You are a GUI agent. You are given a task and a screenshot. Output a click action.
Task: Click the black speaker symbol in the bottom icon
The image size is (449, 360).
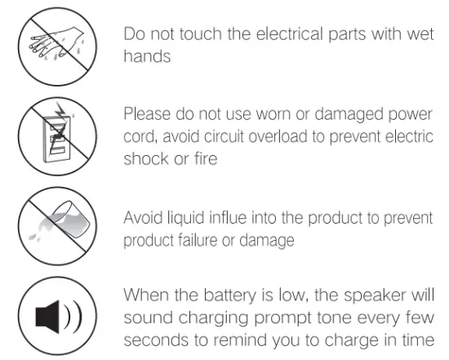pos(50,316)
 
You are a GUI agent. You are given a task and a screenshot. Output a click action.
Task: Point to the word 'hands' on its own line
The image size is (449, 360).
pos(147,57)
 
